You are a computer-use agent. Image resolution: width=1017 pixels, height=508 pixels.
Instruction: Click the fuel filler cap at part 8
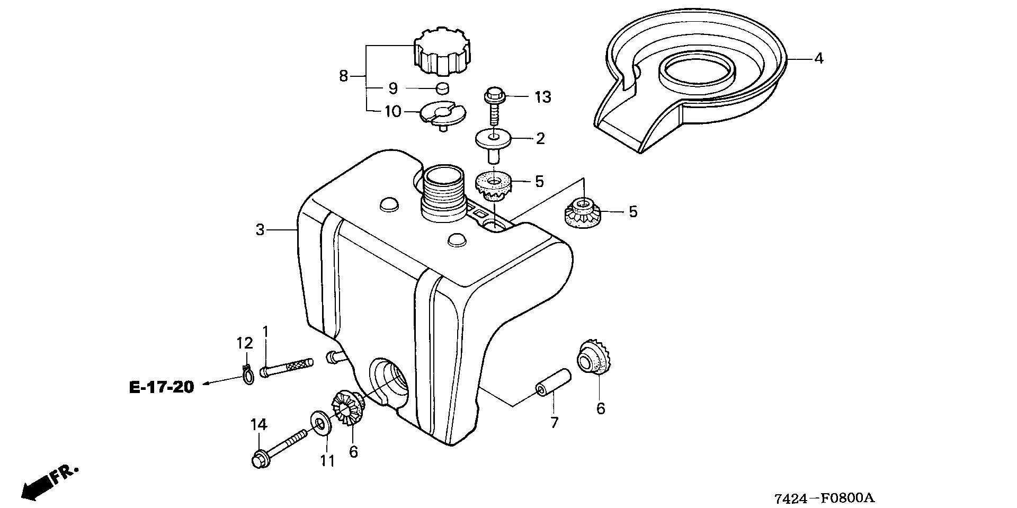[x=443, y=54]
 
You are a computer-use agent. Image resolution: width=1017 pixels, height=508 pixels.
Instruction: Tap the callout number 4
[x=818, y=59]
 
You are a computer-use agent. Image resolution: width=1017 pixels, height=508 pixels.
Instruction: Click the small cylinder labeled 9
[x=442, y=88]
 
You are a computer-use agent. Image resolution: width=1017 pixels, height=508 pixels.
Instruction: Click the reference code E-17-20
[x=162, y=387]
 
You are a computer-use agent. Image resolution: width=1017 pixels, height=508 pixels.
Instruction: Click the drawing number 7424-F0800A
[x=824, y=498]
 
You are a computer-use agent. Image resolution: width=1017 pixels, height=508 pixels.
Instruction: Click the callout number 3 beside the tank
[x=260, y=230]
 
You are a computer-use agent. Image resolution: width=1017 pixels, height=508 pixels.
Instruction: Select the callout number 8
[x=343, y=77]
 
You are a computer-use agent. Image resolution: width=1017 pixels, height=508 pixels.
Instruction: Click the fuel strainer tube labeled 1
[x=286, y=367]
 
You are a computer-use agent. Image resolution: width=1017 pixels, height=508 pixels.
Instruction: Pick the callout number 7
[x=554, y=423]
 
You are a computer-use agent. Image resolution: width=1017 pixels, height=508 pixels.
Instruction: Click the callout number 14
[x=259, y=425]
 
